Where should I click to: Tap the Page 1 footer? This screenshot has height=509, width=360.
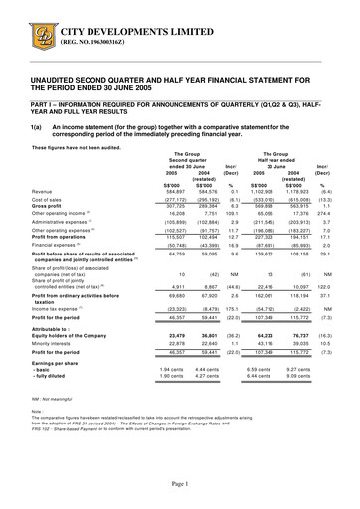click(x=180, y=481)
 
